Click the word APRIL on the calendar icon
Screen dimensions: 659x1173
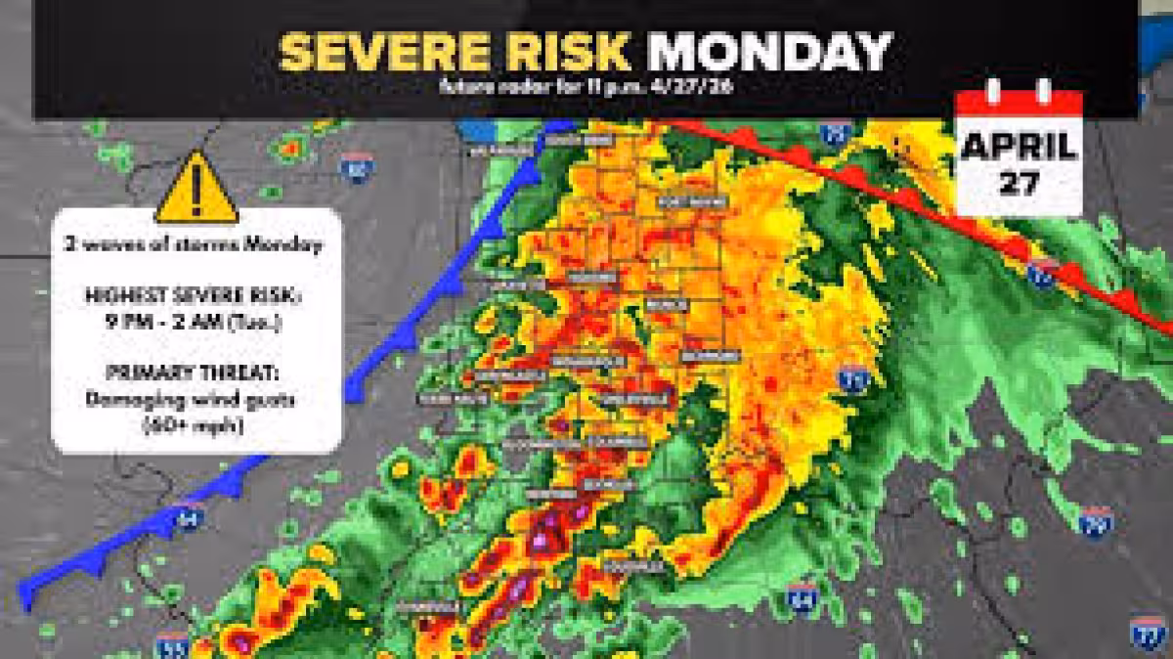tap(1019, 148)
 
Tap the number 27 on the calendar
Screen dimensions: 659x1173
tap(1019, 183)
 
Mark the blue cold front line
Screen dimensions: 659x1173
tap(391, 342)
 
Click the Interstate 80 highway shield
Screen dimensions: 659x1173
tap(358, 168)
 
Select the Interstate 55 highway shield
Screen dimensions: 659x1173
tap(171, 644)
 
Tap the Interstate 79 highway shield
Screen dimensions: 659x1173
tap(1096, 521)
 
